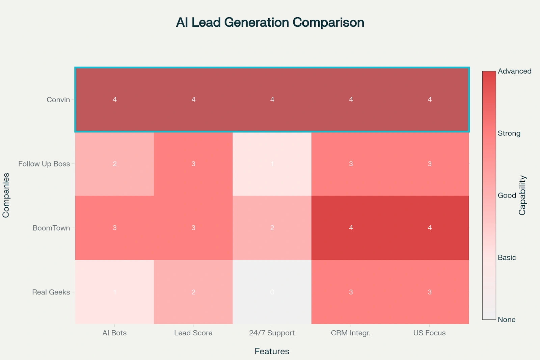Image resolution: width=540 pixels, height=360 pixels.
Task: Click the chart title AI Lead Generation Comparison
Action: coord(270,23)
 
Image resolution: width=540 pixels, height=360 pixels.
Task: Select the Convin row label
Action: coord(58,100)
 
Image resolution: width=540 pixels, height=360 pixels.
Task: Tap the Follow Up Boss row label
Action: coord(44,164)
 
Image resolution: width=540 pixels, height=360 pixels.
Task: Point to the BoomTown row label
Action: coord(51,228)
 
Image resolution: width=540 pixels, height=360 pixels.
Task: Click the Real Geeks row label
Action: coord(51,292)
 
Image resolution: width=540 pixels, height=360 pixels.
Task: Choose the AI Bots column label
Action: coord(114,333)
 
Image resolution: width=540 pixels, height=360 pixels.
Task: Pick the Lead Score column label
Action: coord(193,333)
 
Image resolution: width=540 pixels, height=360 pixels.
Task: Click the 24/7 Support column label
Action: coord(272,333)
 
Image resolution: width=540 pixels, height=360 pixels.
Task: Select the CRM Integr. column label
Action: coord(351,333)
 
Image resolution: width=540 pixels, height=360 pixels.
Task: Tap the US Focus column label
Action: coord(429,333)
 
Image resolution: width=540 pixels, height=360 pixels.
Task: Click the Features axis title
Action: coord(272,352)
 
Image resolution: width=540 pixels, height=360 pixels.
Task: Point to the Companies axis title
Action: coord(6,195)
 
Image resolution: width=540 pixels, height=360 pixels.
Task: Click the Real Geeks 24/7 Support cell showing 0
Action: coord(272,292)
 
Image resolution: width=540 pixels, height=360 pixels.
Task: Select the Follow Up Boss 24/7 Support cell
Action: coord(272,164)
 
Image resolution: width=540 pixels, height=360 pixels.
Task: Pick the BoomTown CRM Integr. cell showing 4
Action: coord(351,228)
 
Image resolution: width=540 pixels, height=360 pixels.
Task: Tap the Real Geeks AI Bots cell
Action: coord(114,292)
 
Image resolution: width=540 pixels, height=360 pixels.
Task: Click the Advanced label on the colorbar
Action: coord(514,71)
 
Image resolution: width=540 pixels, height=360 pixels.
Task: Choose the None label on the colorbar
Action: coord(506,319)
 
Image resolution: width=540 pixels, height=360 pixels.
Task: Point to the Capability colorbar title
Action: coord(522,195)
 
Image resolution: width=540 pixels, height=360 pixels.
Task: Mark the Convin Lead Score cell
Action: coord(193,100)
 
